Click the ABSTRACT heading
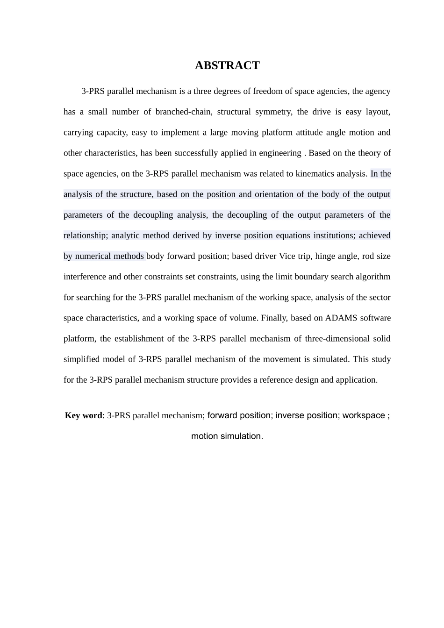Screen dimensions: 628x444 pyautogui.click(x=227, y=65)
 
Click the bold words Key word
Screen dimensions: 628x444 pyautogui.click(x=83, y=415)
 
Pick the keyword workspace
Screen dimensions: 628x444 pyautogui.click(x=364, y=415)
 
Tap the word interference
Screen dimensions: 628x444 pyautogui.click(x=85, y=277)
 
